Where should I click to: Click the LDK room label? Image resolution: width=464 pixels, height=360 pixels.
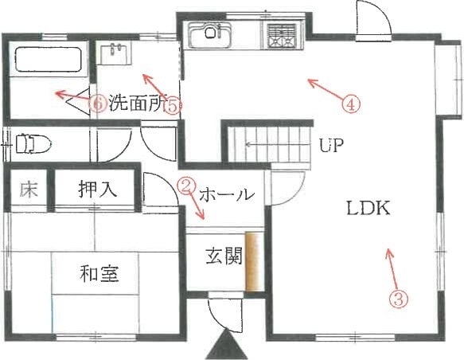coord(368,209)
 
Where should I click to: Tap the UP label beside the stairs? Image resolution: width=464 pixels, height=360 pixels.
coord(331,145)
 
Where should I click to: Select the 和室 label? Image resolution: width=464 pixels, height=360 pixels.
coord(99,273)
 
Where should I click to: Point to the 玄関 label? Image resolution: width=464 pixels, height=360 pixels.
coord(224,256)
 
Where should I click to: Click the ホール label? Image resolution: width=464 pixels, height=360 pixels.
coord(226,195)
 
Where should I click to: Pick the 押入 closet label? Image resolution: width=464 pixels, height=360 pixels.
coord(97,189)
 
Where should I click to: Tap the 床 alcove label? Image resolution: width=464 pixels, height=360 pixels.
coord(29,190)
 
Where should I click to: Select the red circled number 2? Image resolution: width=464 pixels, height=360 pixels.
coord(185,186)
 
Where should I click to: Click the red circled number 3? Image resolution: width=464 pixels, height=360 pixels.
coord(399,299)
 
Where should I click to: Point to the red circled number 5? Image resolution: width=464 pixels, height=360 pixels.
coord(173,106)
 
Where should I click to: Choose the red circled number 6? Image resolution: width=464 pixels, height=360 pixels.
coord(98,104)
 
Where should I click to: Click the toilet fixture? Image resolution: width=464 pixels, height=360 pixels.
coord(33,144)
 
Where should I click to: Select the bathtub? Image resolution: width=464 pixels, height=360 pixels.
coord(49,60)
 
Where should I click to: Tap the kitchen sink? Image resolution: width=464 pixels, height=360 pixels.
coord(210,34)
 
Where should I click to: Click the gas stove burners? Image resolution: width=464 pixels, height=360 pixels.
coord(282,36)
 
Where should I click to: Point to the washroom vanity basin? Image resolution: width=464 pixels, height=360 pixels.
coord(115,53)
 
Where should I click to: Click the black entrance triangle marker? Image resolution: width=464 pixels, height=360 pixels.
coord(226,345)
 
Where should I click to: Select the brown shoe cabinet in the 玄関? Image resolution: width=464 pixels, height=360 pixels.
coord(254,262)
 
